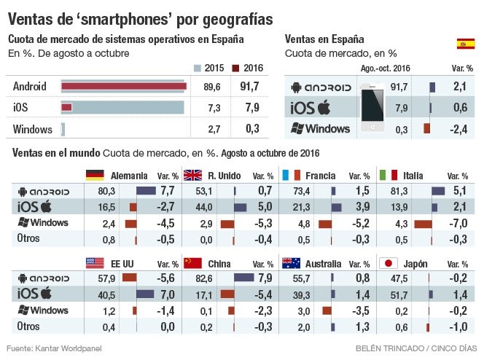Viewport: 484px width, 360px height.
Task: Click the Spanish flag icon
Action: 465,44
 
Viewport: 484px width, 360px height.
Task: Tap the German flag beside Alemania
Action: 95,175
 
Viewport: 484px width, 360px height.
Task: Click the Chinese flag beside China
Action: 192,262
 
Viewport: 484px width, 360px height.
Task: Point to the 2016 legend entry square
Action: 235,69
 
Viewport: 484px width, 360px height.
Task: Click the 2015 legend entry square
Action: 198,69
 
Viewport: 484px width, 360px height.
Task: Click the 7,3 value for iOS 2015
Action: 214,108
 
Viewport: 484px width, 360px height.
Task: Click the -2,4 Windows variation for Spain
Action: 459,129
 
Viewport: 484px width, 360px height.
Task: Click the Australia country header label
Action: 322,263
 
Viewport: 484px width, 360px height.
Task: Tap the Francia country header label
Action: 321,176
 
